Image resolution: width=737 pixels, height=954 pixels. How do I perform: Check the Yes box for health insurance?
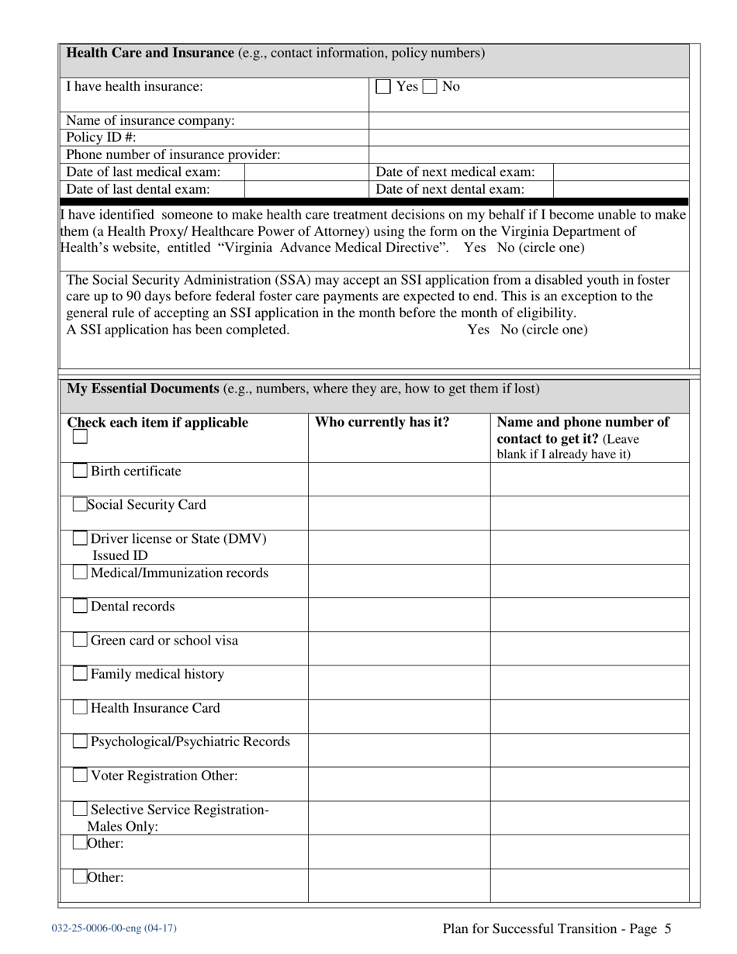click(383, 87)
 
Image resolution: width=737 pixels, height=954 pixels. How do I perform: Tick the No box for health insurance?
click(430, 87)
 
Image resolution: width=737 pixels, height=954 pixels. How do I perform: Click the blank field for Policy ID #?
click(528, 137)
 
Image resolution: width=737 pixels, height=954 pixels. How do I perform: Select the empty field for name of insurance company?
click(528, 120)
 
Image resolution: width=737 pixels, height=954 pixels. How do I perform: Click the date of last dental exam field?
click(306, 188)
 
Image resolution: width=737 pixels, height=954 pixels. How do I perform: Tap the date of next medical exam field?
click(621, 171)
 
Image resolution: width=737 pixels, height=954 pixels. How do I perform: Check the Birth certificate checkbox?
click(80, 472)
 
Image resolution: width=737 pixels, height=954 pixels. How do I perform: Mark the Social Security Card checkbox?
click(80, 505)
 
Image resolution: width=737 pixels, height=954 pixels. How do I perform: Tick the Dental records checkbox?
click(80, 607)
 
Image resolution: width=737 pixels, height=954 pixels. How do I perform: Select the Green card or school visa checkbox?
click(80, 641)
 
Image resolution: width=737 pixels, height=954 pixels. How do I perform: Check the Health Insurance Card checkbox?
click(80, 708)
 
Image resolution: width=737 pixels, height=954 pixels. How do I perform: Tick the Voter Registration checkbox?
click(80, 776)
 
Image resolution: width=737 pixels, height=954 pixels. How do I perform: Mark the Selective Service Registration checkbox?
click(80, 810)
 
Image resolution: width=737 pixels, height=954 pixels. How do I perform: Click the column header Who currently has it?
click(382, 423)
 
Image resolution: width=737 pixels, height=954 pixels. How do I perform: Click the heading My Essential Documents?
click(143, 389)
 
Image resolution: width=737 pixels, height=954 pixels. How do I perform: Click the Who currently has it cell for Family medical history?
click(399, 682)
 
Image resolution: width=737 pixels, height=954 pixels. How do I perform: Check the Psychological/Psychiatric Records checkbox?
click(80, 742)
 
